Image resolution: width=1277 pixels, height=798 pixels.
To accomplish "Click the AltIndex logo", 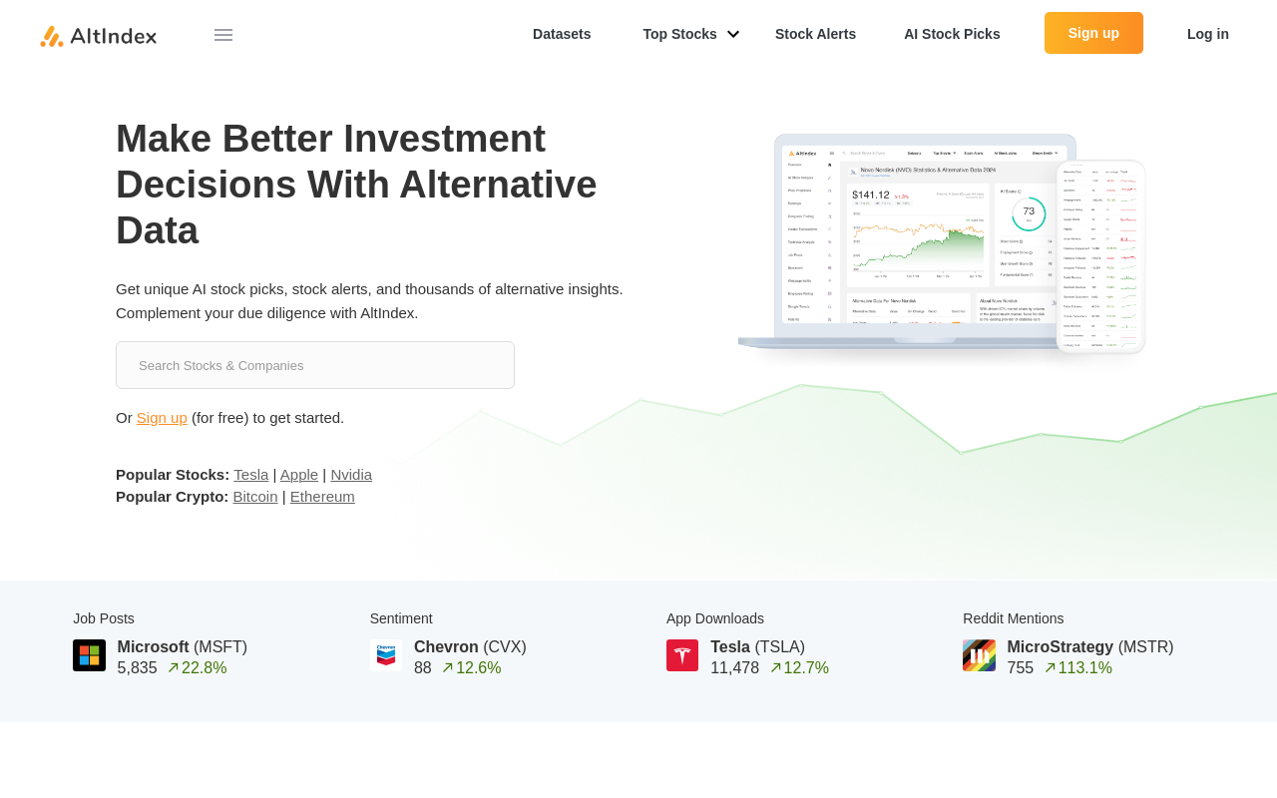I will pyautogui.click(x=98, y=36).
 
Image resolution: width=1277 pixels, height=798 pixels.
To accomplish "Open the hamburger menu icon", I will pyautogui.click(x=223, y=35).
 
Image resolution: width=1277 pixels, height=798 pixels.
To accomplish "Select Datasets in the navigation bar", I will pyautogui.click(x=562, y=34).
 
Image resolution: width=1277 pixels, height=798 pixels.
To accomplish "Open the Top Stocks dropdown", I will pyautogui.click(x=690, y=34).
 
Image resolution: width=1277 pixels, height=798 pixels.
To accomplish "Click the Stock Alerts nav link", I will pyautogui.click(x=815, y=34).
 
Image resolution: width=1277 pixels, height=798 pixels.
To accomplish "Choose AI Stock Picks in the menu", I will pyautogui.click(x=952, y=34).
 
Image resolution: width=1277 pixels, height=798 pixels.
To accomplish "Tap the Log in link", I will pyautogui.click(x=1207, y=34).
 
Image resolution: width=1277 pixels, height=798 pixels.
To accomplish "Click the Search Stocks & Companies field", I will pyautogui.click(x=315, y=365).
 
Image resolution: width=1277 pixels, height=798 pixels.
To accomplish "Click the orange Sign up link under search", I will pyautogui.click(x=162, y=418).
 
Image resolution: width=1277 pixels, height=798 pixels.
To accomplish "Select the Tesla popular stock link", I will pyautogui.click(x=251, y=475).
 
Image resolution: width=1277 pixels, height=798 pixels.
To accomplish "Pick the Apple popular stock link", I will pyautogui.click(x=299, y=475).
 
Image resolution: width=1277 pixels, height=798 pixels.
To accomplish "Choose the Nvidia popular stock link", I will pyautogui.click(x=351, y=475).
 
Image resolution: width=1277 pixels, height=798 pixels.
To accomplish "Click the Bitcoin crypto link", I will pyautogui.click(x=255, y=497).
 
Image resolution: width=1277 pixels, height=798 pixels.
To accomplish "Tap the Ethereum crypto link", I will pyautogui.click(x=322, y=497).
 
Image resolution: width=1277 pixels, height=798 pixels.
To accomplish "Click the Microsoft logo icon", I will pyautogui.click(x=90, y=655).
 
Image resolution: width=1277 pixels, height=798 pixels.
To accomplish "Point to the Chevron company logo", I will pyautogui.click(x=386, y=655).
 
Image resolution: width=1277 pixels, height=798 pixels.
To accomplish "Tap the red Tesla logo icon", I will pyautogui.click(x=682, y=655).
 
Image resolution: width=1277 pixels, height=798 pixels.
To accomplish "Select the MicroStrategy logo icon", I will pyautogui.click(x=979, y=655).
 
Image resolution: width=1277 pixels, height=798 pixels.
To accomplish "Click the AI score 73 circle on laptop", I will pyautogui.click(x=1029, y=213).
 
